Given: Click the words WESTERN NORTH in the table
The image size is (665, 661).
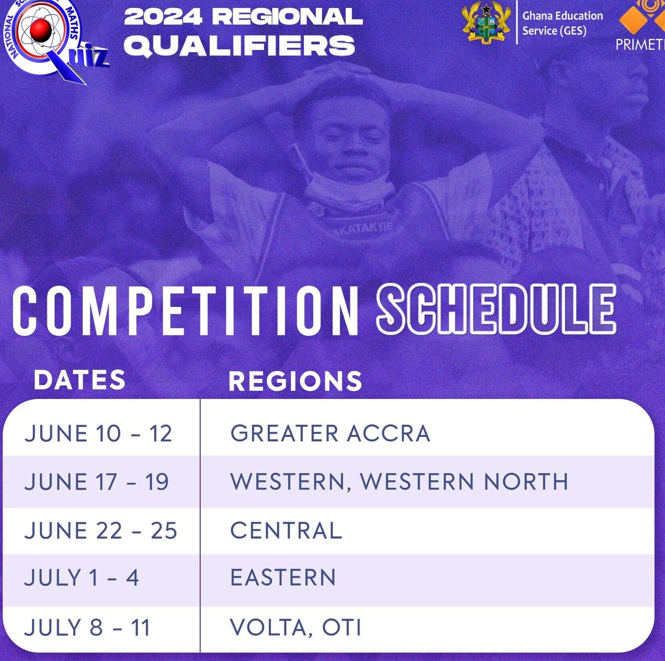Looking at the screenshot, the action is (x=464, y=481).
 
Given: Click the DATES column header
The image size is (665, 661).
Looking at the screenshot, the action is (x=79, y=380).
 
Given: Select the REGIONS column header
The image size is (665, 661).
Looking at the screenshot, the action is (x=296, y=381).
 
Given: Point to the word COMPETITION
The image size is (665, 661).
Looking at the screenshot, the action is (x=185, y=311).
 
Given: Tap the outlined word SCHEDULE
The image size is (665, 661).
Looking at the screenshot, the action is (x=496, y=308).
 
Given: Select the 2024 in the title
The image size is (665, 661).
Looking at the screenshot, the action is (x=163, y=17).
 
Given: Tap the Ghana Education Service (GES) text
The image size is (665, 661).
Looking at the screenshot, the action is (x=562, y=23).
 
